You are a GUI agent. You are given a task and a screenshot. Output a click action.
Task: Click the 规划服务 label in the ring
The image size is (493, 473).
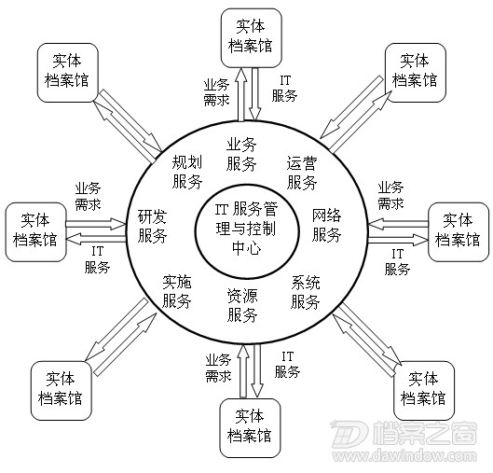(187, 172)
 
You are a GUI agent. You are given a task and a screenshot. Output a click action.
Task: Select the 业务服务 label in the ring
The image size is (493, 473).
(241, 154)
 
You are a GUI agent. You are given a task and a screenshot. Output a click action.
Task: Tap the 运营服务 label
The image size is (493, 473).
(302, 173)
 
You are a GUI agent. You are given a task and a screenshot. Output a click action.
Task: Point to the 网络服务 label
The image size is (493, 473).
(327, 225)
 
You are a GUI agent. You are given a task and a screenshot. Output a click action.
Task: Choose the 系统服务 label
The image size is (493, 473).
(306, 292)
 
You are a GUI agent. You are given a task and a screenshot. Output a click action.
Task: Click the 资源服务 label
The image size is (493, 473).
(242, 305)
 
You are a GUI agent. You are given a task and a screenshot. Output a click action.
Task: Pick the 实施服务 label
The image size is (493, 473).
(177, 291)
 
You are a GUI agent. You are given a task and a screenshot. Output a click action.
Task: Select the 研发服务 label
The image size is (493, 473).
(153, 226)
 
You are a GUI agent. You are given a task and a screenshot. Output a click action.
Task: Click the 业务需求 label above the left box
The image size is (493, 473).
(88, 196)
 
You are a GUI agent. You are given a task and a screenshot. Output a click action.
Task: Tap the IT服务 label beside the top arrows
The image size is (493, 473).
(284, 89)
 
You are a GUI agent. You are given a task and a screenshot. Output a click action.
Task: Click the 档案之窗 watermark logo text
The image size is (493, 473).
(425, 434)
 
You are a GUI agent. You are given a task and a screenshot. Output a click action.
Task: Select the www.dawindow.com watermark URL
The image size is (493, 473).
(404, 455)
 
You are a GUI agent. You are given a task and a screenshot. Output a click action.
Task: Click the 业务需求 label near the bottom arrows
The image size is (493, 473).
(218, 368)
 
